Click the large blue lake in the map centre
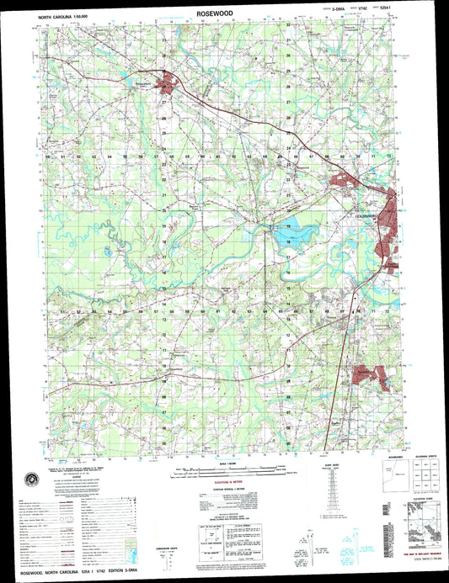(291, 231)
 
